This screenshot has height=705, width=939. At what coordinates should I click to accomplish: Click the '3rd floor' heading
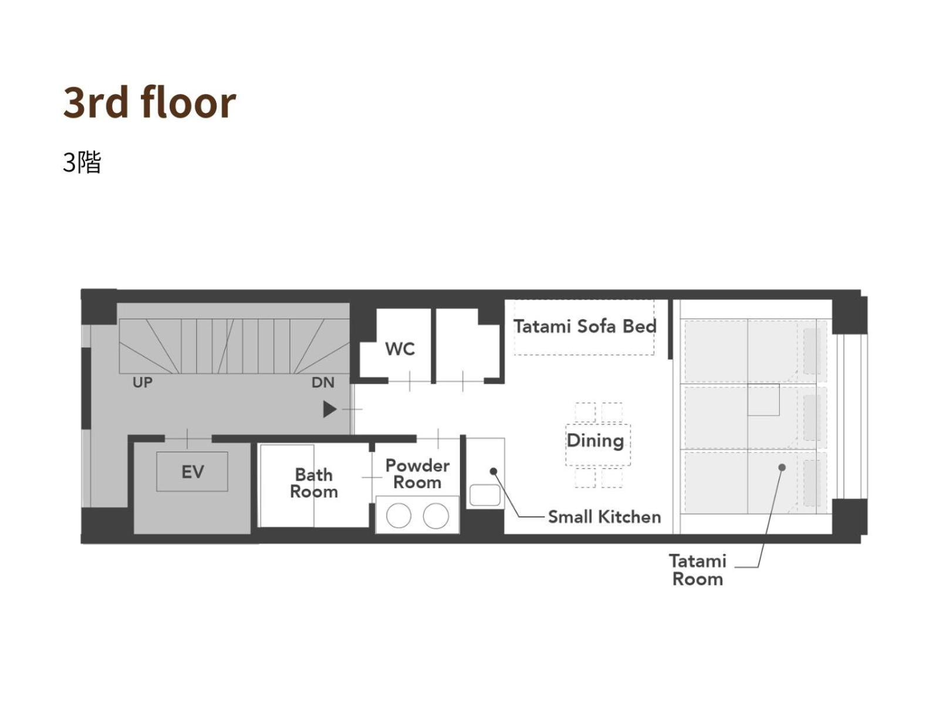click(x=149, y=103)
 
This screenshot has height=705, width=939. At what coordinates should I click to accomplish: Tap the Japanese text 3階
click(x=82, y=162)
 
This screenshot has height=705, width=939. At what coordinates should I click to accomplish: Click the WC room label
click(x=400, y=349)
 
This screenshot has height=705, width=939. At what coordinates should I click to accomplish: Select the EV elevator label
click(x=192, y=472)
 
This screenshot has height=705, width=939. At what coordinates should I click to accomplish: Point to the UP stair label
click(x=143, y=382)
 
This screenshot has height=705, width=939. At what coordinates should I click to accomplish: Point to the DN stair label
click(x=323, y=382)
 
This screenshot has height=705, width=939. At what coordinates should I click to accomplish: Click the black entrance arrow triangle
click(x=329, y=409)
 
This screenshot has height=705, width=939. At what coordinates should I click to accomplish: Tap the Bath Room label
click(x=313, y=484)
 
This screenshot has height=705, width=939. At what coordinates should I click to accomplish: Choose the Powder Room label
click(x=417, y=474)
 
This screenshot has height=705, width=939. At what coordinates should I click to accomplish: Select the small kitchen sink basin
click(x=485, y=495)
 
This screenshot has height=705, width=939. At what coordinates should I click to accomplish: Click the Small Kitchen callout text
click(x=604, y=516)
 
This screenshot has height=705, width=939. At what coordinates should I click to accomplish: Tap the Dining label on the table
click(x=595, y=441)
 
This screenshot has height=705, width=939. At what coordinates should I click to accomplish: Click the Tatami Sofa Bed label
click(x=585, y=326)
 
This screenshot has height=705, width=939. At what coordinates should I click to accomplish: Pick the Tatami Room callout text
click(x=697, y=570)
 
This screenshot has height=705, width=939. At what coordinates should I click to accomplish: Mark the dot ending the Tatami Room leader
click(x=782, y=468)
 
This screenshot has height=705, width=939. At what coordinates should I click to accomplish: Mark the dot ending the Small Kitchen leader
click(x=493, y=471)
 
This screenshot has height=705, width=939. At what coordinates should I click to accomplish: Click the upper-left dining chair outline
click(x=585, y=412)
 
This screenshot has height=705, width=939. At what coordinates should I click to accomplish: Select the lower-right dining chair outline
click(x=612, y=478)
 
